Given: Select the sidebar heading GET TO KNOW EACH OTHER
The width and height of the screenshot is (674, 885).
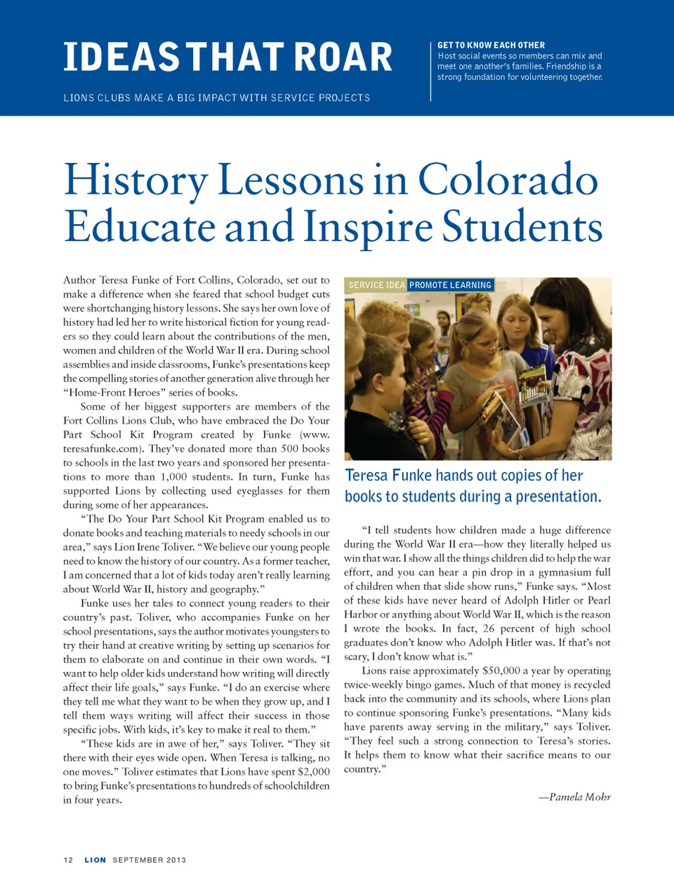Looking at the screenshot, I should [x=491, y=45].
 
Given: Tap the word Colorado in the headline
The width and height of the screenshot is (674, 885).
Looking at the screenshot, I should [x=508, y=180].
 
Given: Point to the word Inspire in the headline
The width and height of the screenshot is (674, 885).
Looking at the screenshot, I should [x=368, y=227].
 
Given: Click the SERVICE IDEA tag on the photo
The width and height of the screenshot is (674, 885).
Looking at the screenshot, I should [x=377, y=285].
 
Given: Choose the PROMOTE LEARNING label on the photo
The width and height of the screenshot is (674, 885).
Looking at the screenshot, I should [x=450, y=285].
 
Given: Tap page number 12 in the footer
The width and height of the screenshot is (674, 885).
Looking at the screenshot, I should [x=68, y=860].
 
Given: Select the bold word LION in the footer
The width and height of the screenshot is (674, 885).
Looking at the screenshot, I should [x=95, y=860].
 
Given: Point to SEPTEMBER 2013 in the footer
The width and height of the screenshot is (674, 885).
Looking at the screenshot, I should [x=150, y=860].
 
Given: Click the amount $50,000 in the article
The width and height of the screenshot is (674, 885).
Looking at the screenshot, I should [x=501, y=671].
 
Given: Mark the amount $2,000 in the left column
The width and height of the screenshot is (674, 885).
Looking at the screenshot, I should [x=313, y=772].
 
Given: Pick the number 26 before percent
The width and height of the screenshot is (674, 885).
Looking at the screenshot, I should [x=489, y=629].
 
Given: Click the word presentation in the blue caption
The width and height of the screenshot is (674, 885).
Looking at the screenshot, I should [x=557, y=497].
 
